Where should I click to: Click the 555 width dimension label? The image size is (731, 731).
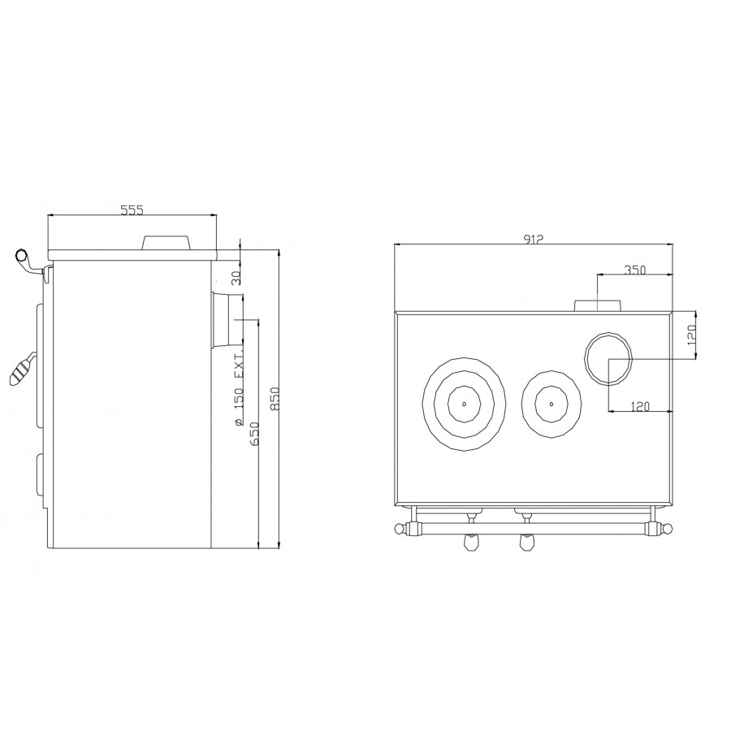coord(132,210)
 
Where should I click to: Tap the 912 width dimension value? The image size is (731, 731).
coord(534,239)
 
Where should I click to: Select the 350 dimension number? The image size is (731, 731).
coord(634,270)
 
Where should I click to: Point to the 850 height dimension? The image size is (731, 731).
coord(275,398)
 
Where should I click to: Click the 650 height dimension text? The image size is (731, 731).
coord(254,434)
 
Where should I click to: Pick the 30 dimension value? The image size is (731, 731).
coord(236,278)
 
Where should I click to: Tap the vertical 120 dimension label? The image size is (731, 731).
coord(691,335)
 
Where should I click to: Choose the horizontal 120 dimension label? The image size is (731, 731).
coord(640,407)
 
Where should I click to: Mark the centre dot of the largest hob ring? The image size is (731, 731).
coord(465,403)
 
